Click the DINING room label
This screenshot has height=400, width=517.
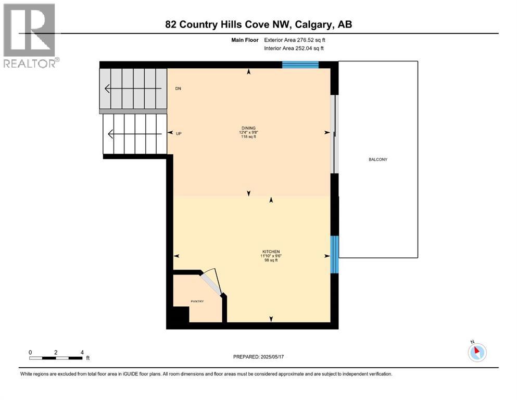click(x=248, y=128)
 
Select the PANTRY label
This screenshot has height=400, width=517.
click(x=197, y=301)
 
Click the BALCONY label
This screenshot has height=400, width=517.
click(x=378, y=159)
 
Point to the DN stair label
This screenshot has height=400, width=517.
click(x=178, y=89)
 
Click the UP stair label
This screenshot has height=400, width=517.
click(x=178, y=134)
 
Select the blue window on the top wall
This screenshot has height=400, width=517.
click(x=300, y=65)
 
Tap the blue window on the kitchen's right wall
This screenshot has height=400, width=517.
click(x=335, y=254)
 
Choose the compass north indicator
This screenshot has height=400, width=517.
click(x=476, y=352)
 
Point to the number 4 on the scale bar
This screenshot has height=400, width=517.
click(x=82, y=352)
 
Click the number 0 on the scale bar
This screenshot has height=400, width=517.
click(x=30, y=352)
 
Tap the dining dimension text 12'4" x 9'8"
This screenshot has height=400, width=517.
click(x=248, y=132)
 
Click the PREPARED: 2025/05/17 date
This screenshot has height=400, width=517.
click(x=259, y=357)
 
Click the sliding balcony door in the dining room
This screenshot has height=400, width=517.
click(x=335, y=134)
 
